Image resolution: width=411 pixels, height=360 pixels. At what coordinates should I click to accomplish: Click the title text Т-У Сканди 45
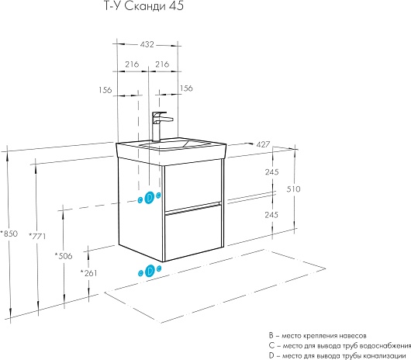pos(144,5)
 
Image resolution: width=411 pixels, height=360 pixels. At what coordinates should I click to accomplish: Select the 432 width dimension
pos(147,44)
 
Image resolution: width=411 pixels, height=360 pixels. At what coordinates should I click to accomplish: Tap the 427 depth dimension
pos(263,144)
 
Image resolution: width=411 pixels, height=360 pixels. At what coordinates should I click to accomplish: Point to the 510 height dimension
pos(293,189)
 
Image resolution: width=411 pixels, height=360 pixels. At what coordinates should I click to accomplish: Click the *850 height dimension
pos(9,234)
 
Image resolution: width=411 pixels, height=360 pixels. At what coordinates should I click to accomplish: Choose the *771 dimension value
pos(37,236)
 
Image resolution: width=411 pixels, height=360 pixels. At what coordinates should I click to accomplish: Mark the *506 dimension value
pos(64,255)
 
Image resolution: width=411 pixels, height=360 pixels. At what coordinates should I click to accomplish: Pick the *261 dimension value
pos(88,273)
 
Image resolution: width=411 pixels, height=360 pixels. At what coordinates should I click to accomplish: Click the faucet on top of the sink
pos(160,126)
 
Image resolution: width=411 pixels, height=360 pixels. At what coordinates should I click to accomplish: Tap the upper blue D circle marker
pos(150,197)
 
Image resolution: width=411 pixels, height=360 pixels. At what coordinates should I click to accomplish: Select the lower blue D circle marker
pos(150,271)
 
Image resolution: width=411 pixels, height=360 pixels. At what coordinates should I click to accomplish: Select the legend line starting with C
pos(340,346)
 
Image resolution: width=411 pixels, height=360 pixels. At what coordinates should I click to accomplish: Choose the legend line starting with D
pos(337,356)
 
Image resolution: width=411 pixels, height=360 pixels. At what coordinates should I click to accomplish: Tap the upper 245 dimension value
pos(272,172)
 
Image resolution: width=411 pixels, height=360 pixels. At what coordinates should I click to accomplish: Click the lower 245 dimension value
pos(271,215)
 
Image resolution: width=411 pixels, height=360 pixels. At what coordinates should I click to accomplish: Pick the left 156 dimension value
pos(105,90)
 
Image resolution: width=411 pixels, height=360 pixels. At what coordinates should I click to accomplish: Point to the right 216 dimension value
pos(162,64)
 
